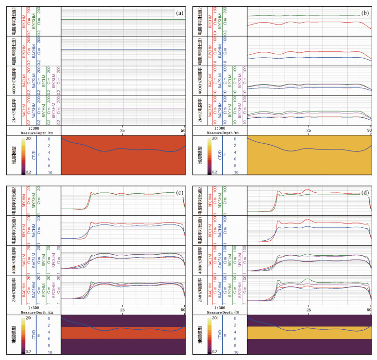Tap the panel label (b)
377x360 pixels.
pyautogui.click(x=366, y=13)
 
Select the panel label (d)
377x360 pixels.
pyautogui.click(x=366, y=193)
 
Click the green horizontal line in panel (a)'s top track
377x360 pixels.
pyautogui.click(x=123, y=20)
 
